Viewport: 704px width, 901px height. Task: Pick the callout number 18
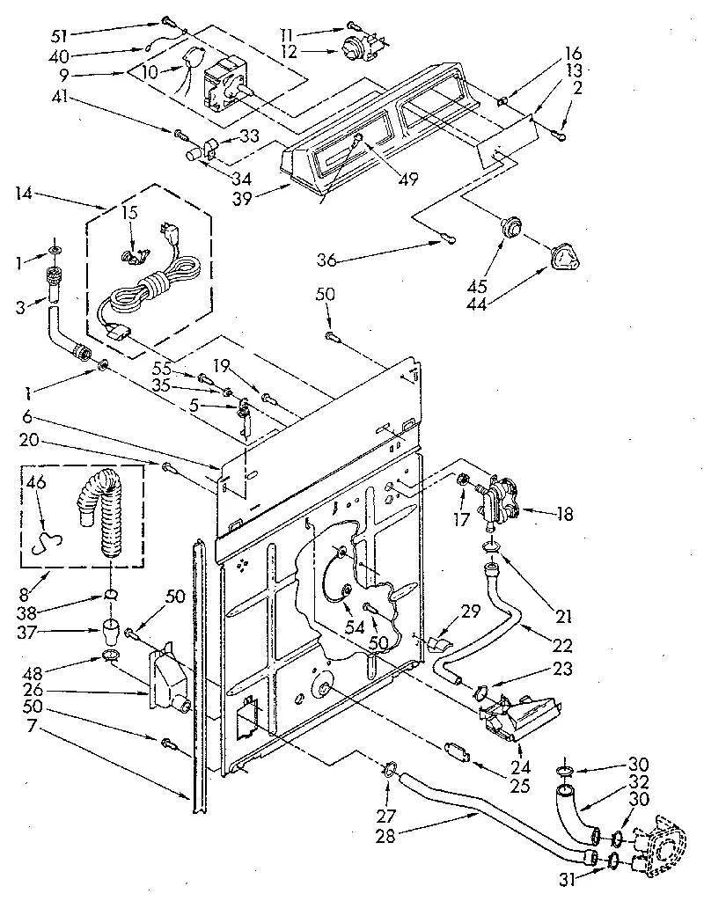click(563, 513)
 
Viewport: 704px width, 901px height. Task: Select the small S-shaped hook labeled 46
click(42, 544)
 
